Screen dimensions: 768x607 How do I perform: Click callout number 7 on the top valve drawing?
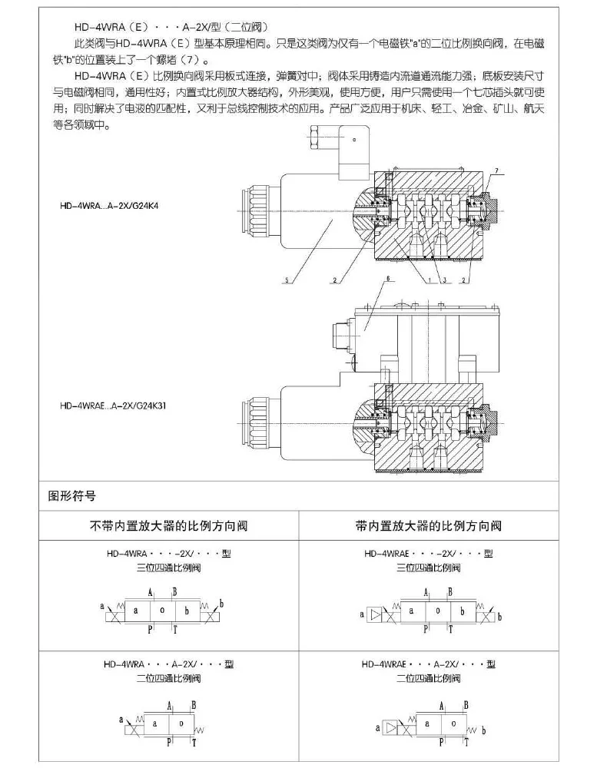pyautogui.click(x=496, y=169)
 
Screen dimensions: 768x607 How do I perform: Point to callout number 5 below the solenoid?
pyautogui.click(x=286, y=281)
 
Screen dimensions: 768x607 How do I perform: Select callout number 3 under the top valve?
pyautogui.click(x=443, y=281)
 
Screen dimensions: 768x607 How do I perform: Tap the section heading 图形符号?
pyautogui.click(x=71, y=496)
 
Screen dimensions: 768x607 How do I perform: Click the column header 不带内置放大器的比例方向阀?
pyautogui.click(x=169, y=526)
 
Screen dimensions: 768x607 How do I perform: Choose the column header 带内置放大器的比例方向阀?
pyautogui.click(x=428, y=526)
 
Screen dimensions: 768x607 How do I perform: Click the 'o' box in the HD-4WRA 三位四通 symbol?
pyautogui.click(x=161, y=611)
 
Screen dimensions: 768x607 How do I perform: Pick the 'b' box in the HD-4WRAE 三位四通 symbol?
pyautogui.click(x=463, y=612)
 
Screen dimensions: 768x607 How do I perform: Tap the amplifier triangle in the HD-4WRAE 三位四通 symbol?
pyautogui.click(x=374, y=614)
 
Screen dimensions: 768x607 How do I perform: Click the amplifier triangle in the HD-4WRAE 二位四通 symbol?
pyautogui.click(x=390, y=726)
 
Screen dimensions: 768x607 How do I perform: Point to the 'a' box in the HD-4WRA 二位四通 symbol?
pyautogui.click(x=155, y=723)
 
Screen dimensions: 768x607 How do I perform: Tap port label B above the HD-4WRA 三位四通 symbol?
pyautogui.click(x=174, y=591)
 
